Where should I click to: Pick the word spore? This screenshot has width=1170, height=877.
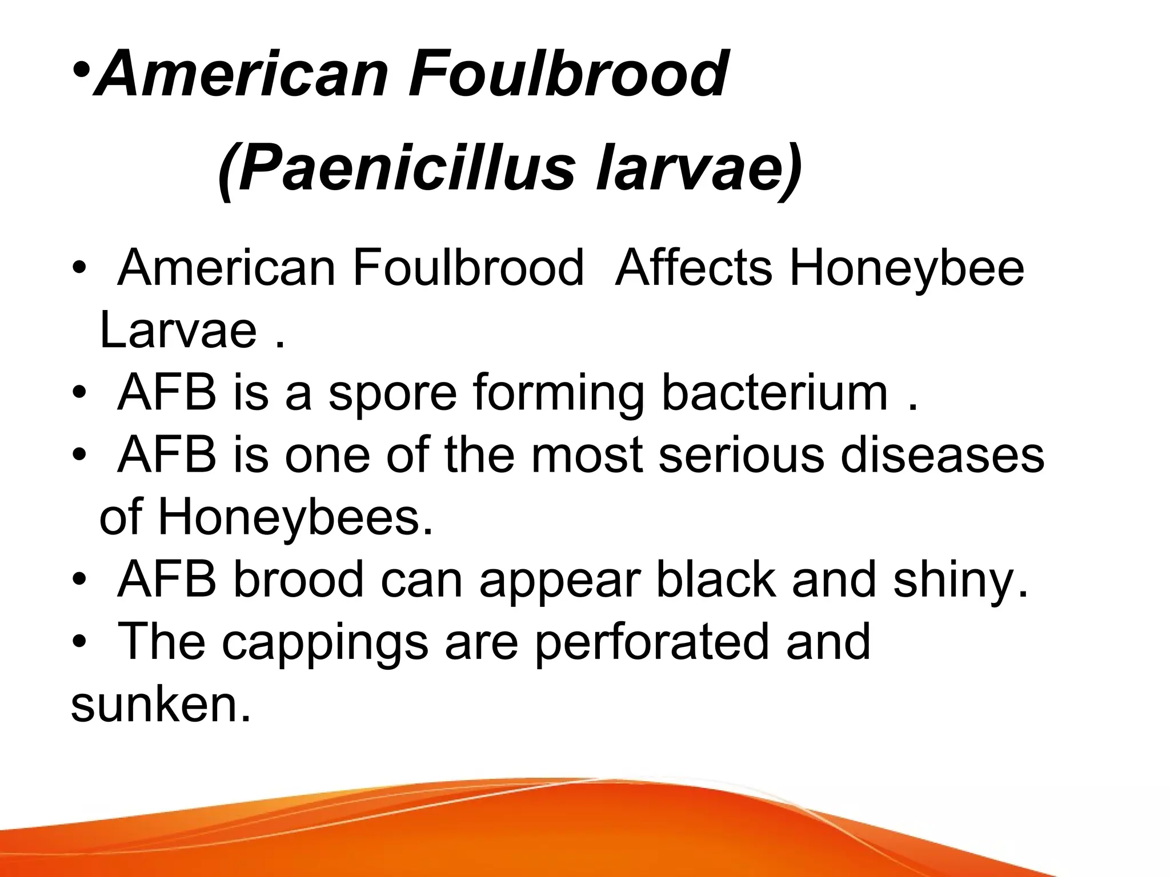[393, 394]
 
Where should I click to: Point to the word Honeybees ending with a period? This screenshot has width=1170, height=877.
[295, 518]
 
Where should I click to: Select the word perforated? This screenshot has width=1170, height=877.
[652, 642]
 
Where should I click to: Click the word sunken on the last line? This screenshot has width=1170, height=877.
[160, 704]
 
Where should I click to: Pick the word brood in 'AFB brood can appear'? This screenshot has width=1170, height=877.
[298, 580]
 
